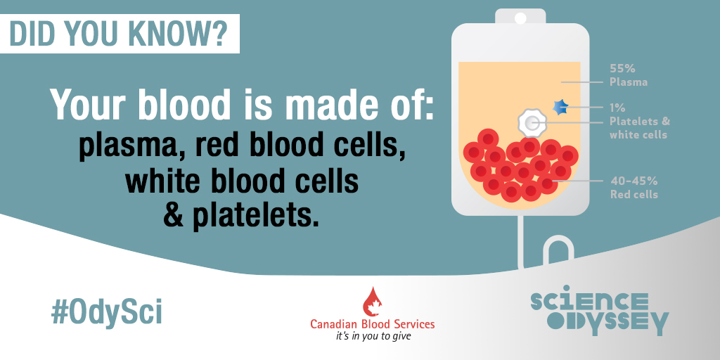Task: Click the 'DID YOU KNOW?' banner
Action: [x=120, y=34]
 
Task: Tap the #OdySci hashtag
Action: [x=107, y=312]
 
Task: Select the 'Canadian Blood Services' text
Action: [x=373, y=324]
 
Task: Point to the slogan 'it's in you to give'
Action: [x=373, y=336]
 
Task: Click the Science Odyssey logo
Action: [x=600, y=310]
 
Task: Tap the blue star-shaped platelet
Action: [x=560, y=108]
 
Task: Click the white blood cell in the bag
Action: [x=532, y=122]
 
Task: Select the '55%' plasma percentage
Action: [x=622, y=69]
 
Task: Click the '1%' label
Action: [x=617, y=108]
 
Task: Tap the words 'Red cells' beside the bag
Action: [x=634, y=194]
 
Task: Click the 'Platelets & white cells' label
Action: [x=640, y=128]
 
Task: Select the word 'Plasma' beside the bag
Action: [x=629, y=82]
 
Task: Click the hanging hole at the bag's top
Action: [x=520, y=18]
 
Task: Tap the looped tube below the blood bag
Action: [x=558, y=252]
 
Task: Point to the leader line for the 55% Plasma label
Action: [x=581, y=82]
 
